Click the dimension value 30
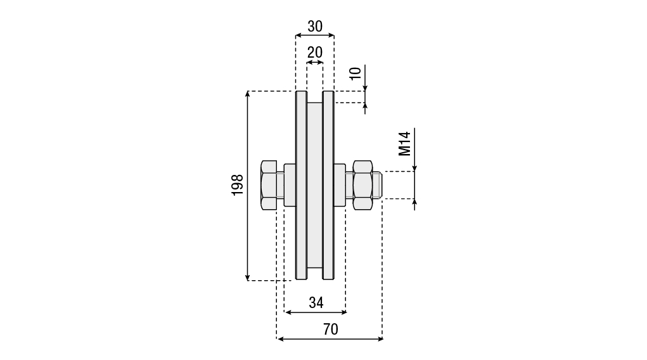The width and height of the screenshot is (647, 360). pos(315,27)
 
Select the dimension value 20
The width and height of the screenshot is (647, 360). pos(315,52)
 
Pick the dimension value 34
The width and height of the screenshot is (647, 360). pos(316,303)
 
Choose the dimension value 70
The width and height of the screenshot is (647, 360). pos(330,330)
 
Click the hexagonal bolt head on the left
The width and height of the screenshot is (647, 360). pos(268,184)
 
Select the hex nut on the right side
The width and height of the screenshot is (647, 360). pos(362,184)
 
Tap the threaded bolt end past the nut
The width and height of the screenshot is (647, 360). pos(376,184)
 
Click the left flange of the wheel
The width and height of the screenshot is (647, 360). pos(301,184)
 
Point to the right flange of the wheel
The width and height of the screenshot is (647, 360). pos(328,184)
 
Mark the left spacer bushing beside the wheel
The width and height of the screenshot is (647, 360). pos(290,184)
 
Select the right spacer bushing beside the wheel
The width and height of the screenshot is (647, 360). pos(340,184)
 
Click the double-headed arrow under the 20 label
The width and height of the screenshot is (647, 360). pos(315,62)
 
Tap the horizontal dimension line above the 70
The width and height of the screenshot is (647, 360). pos(330,339)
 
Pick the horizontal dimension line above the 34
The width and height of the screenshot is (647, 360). pos(316,312)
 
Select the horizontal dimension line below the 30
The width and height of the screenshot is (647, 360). pos(315,37)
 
